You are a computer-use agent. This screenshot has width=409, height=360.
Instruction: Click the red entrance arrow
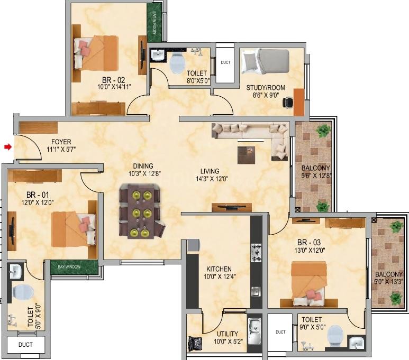[x=8, y=147]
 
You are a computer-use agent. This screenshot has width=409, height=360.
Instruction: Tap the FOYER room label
[x=61, y=142]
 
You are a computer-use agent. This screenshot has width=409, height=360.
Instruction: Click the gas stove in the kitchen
[x=257, y=253]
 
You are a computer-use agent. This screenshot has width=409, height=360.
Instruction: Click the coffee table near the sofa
[x=246, y=155]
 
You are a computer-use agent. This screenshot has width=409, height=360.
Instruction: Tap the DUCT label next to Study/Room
[x=225, y=62]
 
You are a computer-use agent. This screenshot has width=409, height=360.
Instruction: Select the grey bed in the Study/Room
[x=265, y=61]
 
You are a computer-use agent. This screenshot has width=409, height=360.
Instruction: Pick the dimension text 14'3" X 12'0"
[x=212, y=179]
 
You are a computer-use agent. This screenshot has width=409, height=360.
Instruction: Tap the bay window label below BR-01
[x=69, y=267]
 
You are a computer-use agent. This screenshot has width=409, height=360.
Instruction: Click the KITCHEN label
[x=219, y=269]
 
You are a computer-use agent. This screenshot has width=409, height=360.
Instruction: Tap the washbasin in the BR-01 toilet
[x=15, y=271]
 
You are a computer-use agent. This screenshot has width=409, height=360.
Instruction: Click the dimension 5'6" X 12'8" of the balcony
[x=316, y=176]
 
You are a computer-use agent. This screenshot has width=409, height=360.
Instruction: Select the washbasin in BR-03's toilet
[x=357, y=343]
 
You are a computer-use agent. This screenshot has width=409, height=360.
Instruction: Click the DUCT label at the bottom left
[x=25, y=345]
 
